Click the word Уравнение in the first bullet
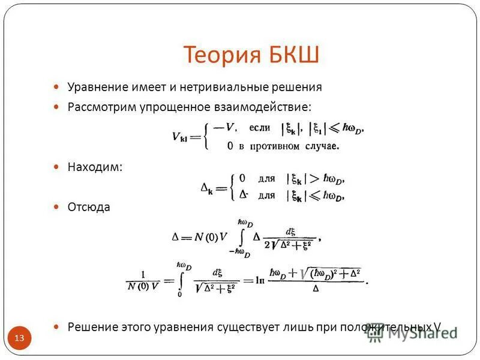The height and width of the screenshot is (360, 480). (x=96, y=87)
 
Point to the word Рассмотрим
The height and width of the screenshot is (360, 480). (x=98, y=107)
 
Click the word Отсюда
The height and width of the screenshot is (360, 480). (x=89, y=207)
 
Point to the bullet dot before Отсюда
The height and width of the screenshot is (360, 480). (x=56, y=207)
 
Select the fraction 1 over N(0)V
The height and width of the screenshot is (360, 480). (x=143, y=280)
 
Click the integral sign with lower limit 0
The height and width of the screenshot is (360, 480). (x=179, y=280)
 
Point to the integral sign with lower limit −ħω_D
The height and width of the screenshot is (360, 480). (x=241, y=237)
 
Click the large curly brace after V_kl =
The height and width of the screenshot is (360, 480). (x=207, y=136)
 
